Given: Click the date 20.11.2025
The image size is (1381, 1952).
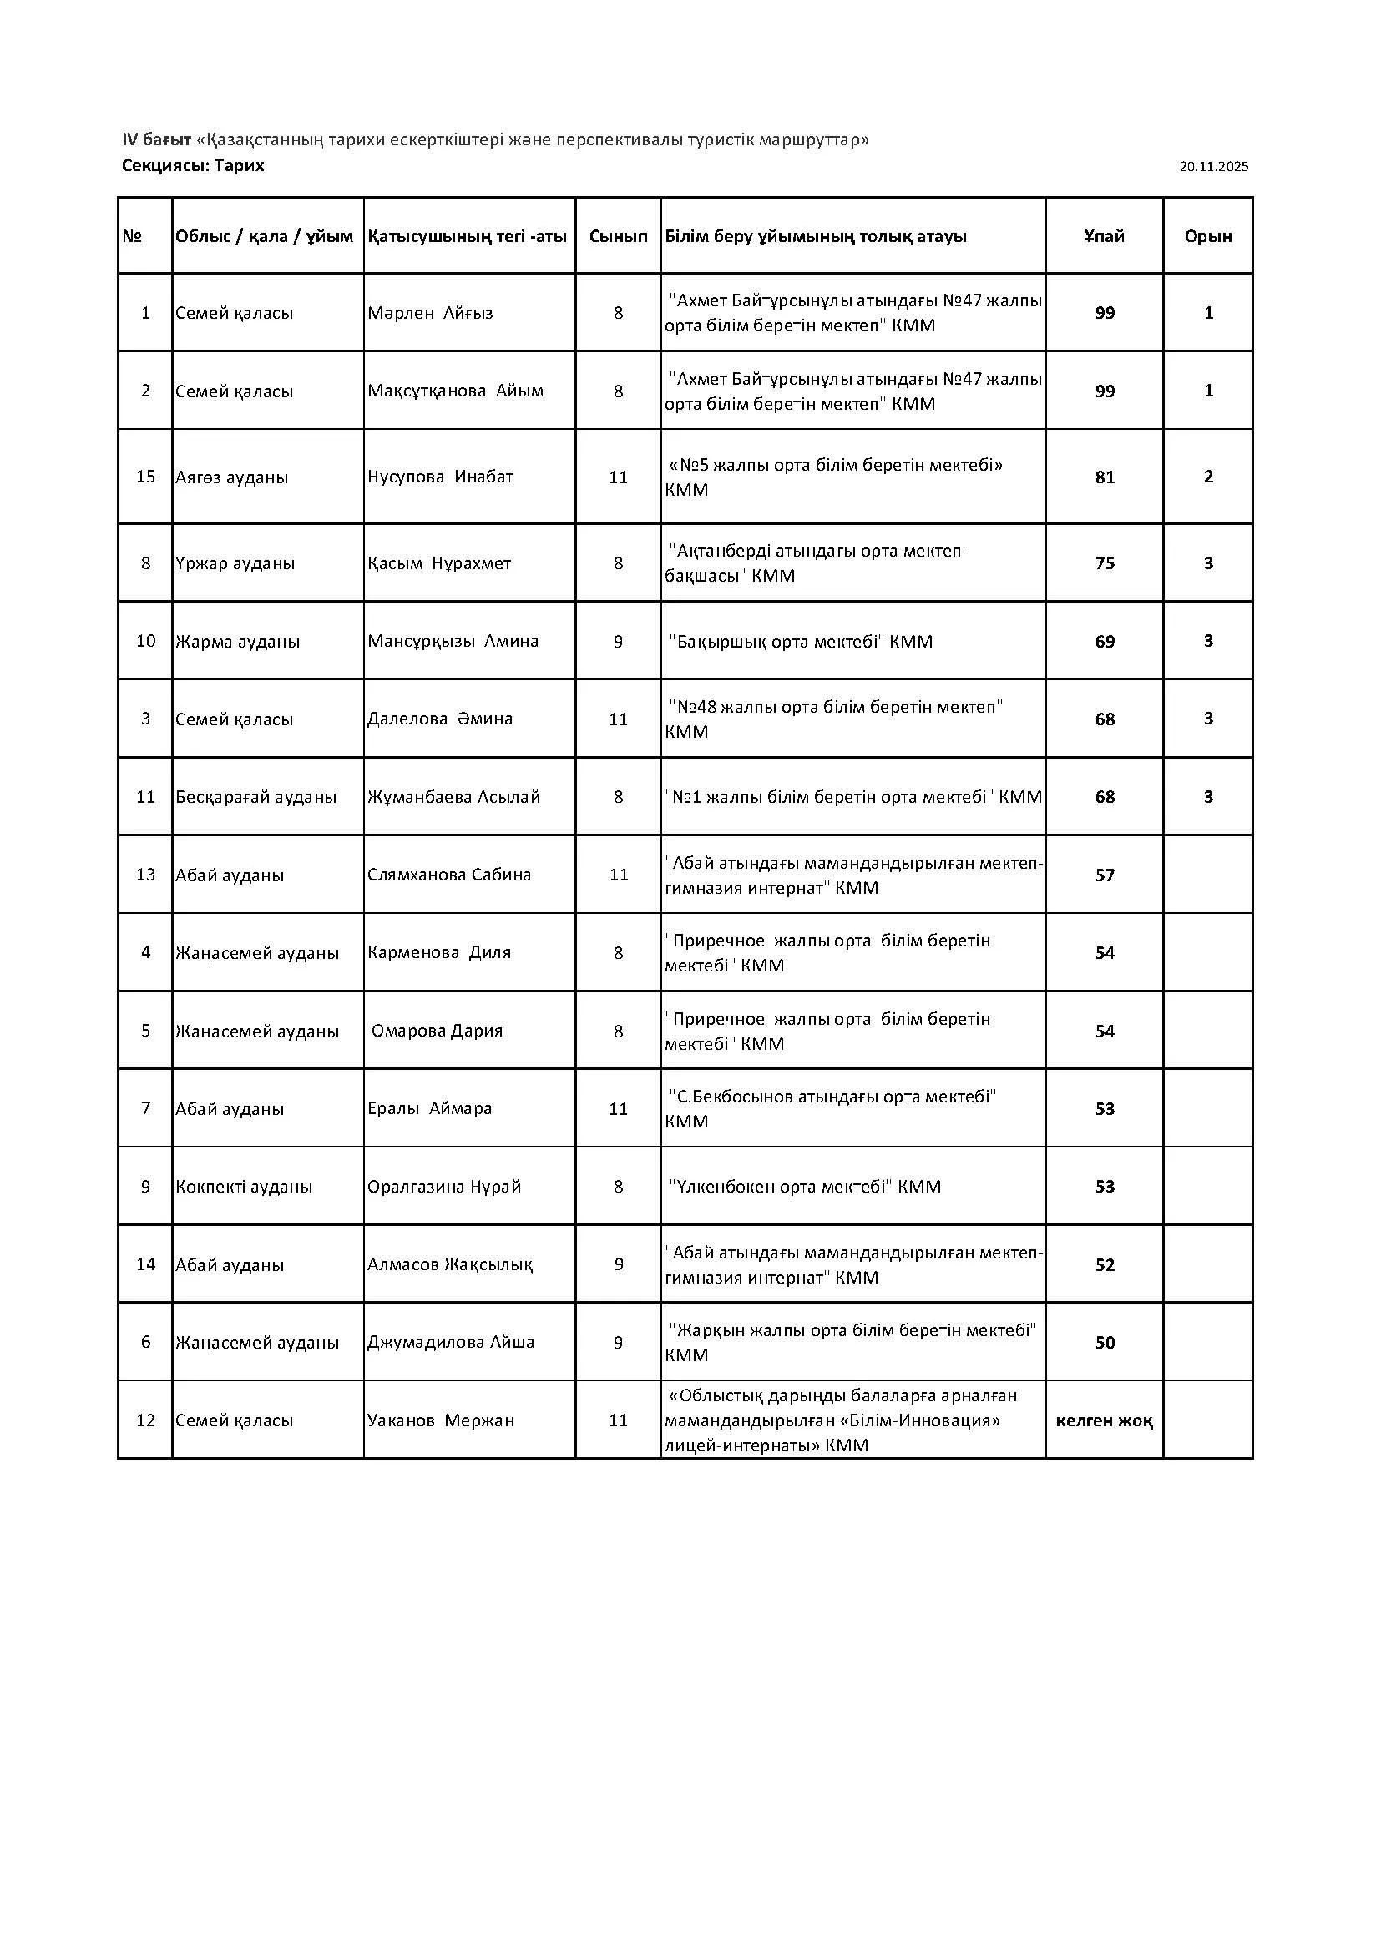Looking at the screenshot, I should coord(1213,168).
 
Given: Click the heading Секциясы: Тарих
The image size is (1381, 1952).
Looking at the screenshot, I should coord(193,166).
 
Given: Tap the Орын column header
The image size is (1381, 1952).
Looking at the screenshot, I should coord(1207,236).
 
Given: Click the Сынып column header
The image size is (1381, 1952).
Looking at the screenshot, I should coord(618,236).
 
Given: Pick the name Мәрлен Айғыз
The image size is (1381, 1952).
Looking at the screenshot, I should coord(430,313).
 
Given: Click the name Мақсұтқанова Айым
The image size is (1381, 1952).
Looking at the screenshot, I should coord(456,391).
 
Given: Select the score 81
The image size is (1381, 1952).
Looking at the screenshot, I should coord(1105,477).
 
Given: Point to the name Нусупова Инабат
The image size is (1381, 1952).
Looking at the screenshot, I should coord(441,477).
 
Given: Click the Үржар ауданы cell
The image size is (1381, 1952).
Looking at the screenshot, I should coord(235,563).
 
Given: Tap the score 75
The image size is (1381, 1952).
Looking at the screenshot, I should coord(1105,563).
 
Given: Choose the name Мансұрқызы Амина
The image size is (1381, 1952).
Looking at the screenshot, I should coord(453,641).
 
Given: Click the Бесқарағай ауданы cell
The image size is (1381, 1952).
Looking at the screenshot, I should coord(256,798).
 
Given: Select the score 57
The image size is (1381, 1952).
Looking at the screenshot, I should coord(1105,875).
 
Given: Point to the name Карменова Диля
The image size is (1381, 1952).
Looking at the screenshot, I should coord(440,953).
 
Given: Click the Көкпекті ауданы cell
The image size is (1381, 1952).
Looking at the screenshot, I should coord(244,1187).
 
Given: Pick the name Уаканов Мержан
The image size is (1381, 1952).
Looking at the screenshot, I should coord(442,1420).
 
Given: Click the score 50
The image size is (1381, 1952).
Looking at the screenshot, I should coord(1105,1343).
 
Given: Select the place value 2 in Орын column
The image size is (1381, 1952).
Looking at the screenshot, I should coord(1208,477).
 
